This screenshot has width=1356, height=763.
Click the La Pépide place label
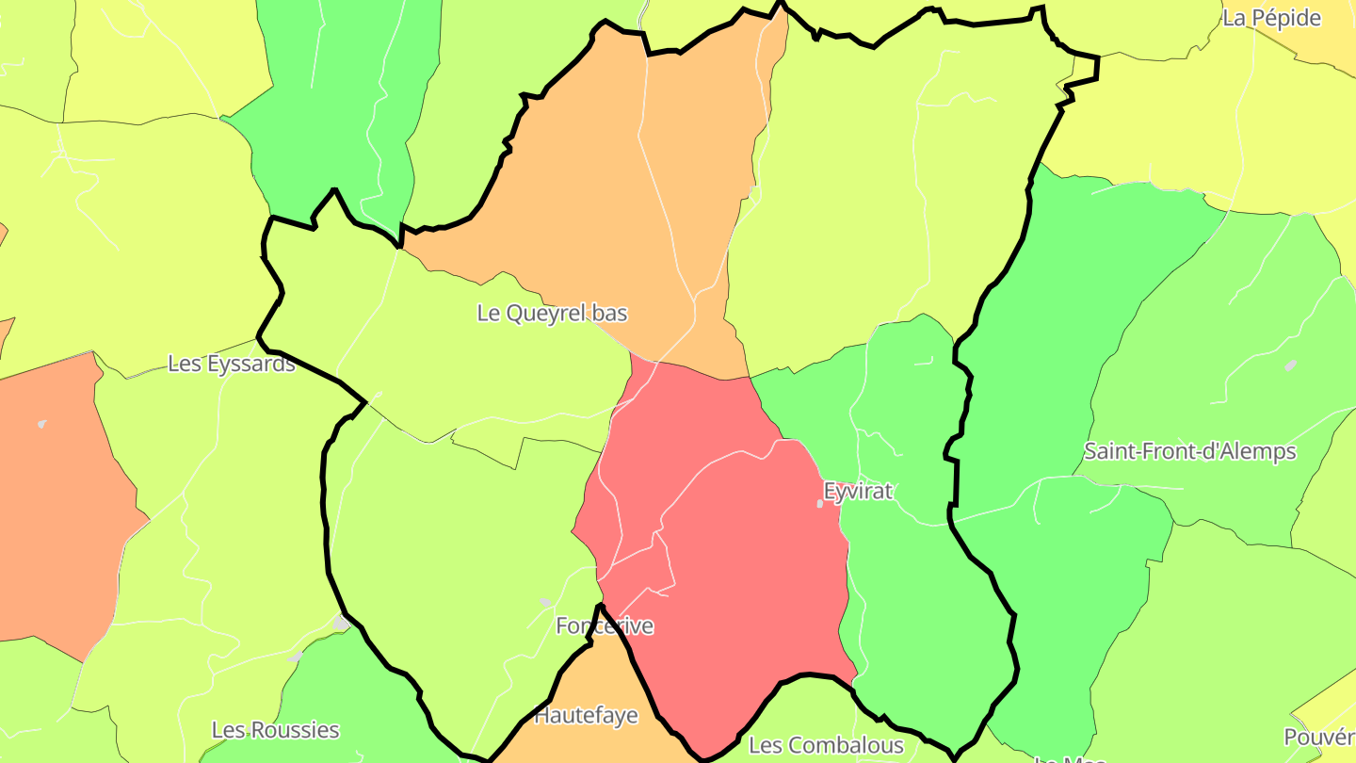[1271, 18]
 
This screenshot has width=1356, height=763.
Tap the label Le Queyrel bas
[552, 313]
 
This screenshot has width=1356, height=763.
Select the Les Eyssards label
[231, 364]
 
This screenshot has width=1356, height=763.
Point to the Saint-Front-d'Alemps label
[1189, 451]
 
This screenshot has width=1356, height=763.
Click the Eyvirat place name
[857, 491]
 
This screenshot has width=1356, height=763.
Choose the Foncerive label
[604, 625]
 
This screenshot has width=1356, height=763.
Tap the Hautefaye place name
[586, 716]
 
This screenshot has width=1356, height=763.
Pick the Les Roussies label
[275, 730]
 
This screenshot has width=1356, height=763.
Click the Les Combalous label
[826, 746]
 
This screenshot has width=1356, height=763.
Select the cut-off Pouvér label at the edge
[1319, 737]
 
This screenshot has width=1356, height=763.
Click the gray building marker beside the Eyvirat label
[819, 504]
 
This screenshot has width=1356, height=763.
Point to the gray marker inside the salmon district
[42, 424]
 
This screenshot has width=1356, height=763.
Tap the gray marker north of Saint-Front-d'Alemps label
[1290, 365]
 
